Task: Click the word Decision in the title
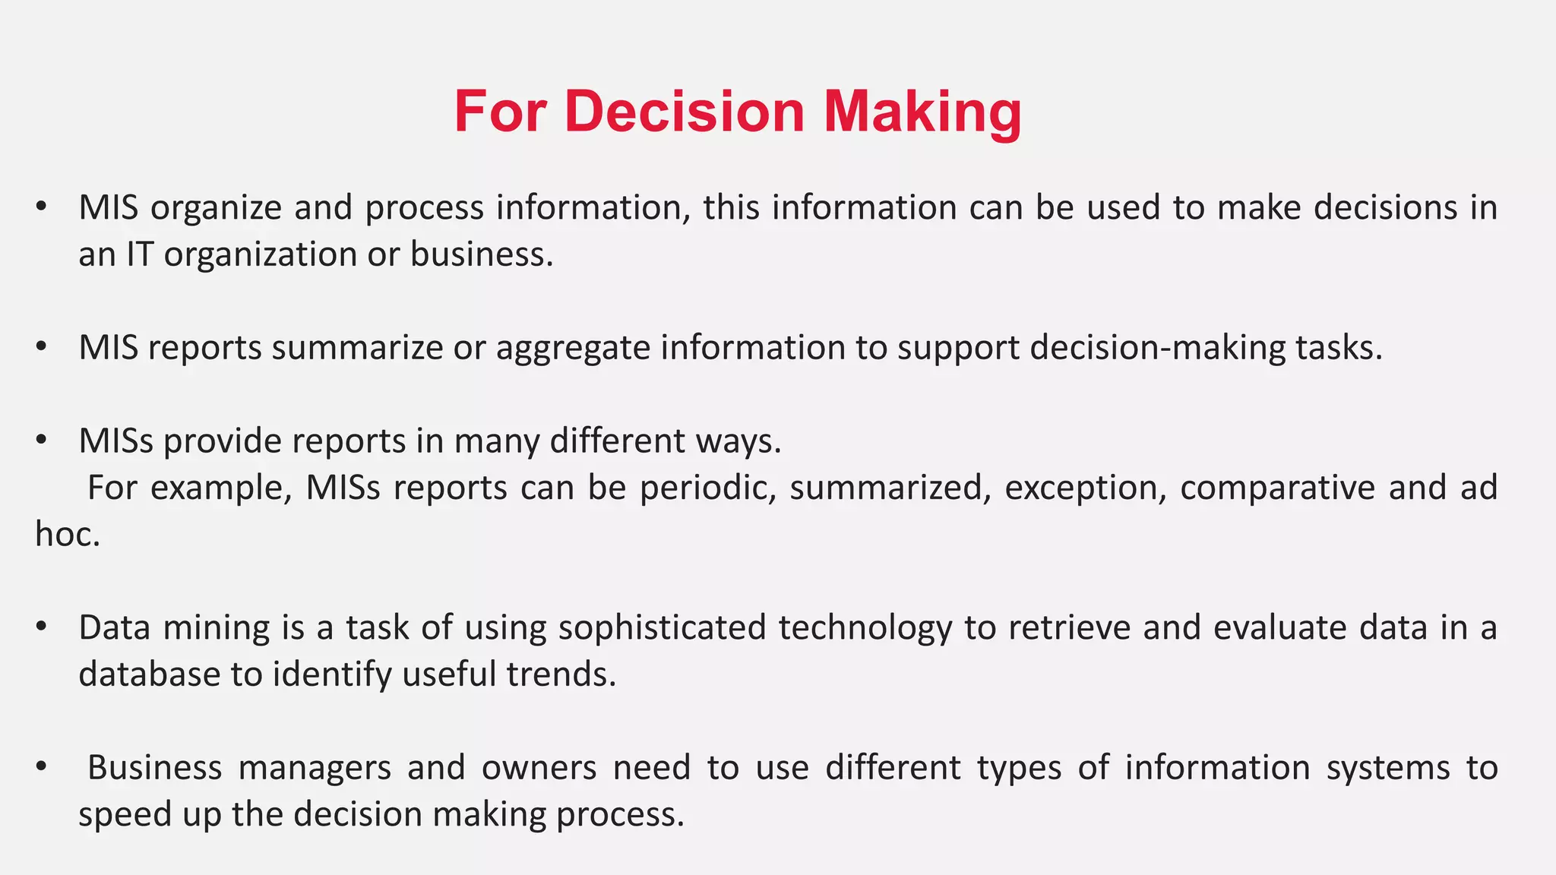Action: click(684, 112)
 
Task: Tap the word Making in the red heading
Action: click(922, 112)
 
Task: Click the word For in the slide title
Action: click(500, 112)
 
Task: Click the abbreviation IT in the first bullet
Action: click(139, 254)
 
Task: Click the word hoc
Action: click(67, 535)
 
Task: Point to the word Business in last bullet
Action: click(154, 768)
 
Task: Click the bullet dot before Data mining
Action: click(42, 627)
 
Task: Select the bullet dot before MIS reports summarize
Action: click(42, 347)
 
